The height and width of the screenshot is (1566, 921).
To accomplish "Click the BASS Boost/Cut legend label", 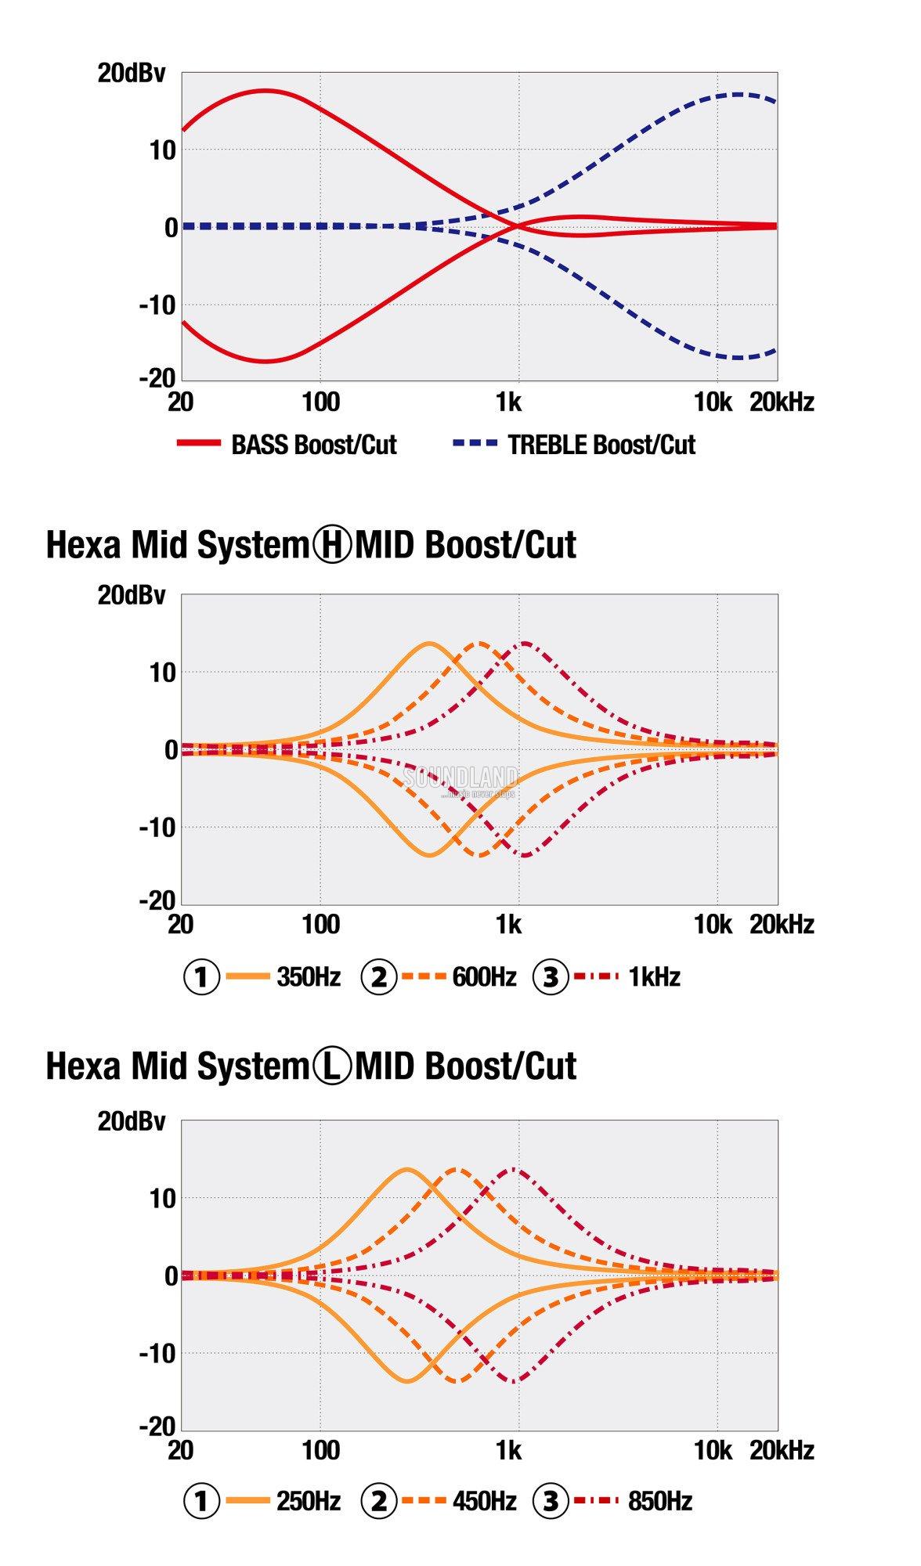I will click(x=314, y=445).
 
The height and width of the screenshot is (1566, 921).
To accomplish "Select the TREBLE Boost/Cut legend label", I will click(x=601, y=445).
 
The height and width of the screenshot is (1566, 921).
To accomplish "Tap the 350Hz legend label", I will click(x=309, y=977).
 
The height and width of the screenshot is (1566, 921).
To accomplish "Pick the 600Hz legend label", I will click(x=484, y=977).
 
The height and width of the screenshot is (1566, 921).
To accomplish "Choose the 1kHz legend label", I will click(x=654, y=977).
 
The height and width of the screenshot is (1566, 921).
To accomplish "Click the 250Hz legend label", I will click(x=309, y=1501).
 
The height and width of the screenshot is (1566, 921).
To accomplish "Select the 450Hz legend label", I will click(x=484, y=1501).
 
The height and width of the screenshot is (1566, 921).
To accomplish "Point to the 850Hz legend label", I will click(x=660, y=1501).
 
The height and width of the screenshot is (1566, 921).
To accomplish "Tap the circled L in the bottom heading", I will click(x=333, y=1066).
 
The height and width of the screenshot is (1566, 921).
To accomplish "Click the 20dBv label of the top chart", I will click(x=132, y=74).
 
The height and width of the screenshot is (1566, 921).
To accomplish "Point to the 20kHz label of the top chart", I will click(x=782, y=402).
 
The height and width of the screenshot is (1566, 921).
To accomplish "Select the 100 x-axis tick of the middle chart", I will click(x=320, y=925).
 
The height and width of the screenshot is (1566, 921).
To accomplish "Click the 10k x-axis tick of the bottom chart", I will click(x=713, y=1450).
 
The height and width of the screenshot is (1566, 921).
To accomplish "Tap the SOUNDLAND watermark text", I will click(x=460, y=778).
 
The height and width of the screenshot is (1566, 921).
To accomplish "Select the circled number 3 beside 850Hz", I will click(x=551, y=1501).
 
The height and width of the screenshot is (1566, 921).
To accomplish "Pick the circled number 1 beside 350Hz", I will click(x=201, y=977).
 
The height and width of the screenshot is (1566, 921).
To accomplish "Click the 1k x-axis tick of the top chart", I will click(x=508, y=402).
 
